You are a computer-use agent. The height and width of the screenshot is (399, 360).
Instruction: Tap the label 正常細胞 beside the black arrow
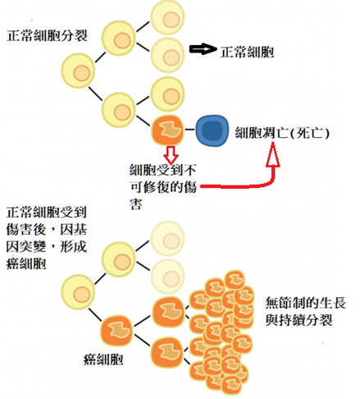247,52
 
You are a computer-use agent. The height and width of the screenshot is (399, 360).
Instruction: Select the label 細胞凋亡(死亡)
281,131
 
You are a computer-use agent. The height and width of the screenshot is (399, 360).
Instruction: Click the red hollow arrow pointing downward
171,154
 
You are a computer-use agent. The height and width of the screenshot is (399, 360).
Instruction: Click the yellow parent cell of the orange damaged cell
121,108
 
